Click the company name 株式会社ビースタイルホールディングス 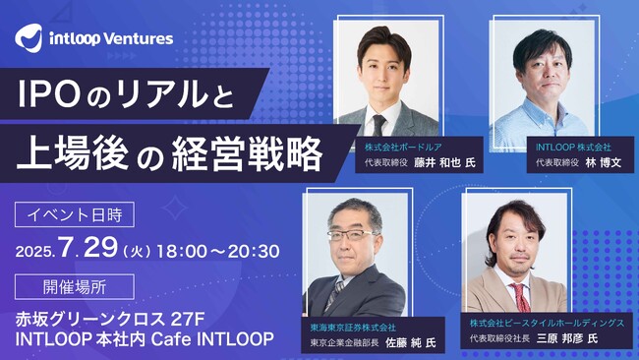[546, 321]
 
